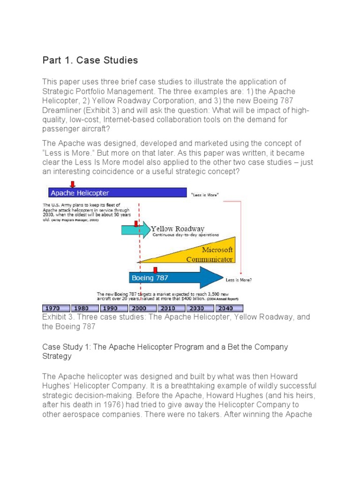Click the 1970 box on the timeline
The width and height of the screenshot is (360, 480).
56,308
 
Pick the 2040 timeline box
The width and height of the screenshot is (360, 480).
229,308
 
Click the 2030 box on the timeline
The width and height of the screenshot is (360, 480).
200,308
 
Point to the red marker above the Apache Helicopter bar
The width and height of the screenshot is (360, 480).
72,184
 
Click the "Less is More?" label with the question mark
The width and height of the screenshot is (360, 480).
239,280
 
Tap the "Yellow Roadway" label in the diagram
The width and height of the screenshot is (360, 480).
177,229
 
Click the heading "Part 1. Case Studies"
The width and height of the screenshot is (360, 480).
90,60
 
